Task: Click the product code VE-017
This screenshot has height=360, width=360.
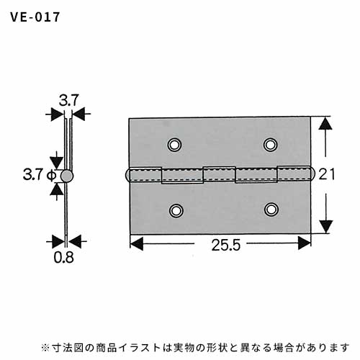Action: click(35, 17)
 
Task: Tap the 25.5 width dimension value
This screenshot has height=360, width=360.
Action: click(226, 245)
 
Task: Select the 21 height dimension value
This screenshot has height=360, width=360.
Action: click(326, 174)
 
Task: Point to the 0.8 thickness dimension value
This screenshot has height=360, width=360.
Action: click(63, 258)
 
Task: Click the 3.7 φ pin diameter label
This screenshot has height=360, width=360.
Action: click(40, 174)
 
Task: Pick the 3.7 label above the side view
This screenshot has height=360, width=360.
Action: click(69, 100)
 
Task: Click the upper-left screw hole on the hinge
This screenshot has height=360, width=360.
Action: click(174, 145)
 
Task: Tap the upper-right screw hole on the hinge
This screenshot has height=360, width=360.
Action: click(271, 145)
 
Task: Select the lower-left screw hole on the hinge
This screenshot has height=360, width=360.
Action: click(176, 210)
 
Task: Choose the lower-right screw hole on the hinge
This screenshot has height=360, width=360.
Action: click(271, 210)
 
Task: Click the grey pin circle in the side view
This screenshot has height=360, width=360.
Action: click(67, 176)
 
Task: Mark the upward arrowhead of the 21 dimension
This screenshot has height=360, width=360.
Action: click(325, 123)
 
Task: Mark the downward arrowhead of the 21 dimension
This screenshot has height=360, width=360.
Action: click(326, 226)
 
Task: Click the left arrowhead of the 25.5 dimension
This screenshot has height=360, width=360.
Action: click(136, 243)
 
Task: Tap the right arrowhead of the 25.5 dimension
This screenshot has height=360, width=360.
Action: click(305, 243)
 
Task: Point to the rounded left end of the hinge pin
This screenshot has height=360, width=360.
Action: click(127, 175)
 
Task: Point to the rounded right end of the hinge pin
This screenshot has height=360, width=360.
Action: click(312, 174)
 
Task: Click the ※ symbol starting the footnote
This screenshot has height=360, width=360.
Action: click(45, 348)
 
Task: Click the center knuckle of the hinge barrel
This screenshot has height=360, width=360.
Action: click(219, 174)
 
